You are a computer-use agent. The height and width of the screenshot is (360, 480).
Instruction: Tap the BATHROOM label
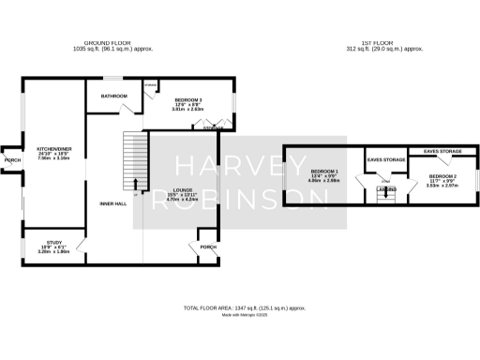tap(114, 96)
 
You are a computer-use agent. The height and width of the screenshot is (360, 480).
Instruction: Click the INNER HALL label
tap(113, 203)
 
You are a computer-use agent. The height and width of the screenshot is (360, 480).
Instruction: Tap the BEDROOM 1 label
tap(324, 171)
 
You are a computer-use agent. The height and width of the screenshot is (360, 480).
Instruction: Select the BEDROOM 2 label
tap(444, 175)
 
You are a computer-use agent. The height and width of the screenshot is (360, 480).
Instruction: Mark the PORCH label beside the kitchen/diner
tap(12, 160)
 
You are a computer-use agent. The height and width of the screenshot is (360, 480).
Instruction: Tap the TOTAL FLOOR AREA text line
tap(244, 307)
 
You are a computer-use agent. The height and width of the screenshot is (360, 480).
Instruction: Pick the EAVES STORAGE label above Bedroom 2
tap(442, 150)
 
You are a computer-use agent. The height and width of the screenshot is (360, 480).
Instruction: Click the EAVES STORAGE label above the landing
tap(385, 160)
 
